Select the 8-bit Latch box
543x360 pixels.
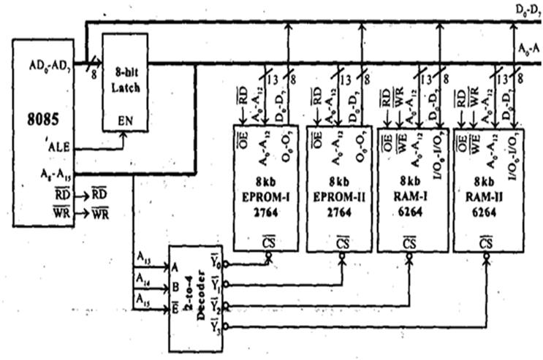tap(124, 87)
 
